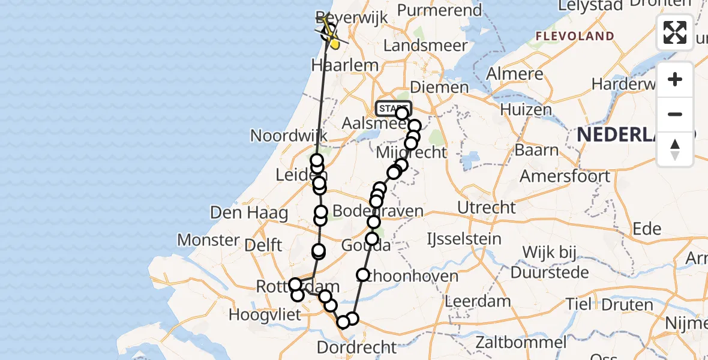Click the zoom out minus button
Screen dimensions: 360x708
pyautogui.click(x=675, y=115)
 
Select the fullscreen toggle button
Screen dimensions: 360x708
pyautogui.click(x=675, y=32)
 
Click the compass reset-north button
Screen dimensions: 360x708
pyautogui.click(x=675, y=149)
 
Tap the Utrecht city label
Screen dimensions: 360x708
pyautogui.click(x=486, y=208)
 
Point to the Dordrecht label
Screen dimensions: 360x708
pyautogui.click(x=356, y=347)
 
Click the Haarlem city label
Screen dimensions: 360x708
pyautogui.click(x=345, y=65)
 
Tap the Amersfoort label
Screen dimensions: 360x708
pyautogui.click(x=565, y=176)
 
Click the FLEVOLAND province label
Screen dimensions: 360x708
pyautogui.click(x=575, y=36)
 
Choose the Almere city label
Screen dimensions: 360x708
pyautogui.click(x=515, y=74)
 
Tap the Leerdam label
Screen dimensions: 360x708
pyautogui.click(x=478, y=301)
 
